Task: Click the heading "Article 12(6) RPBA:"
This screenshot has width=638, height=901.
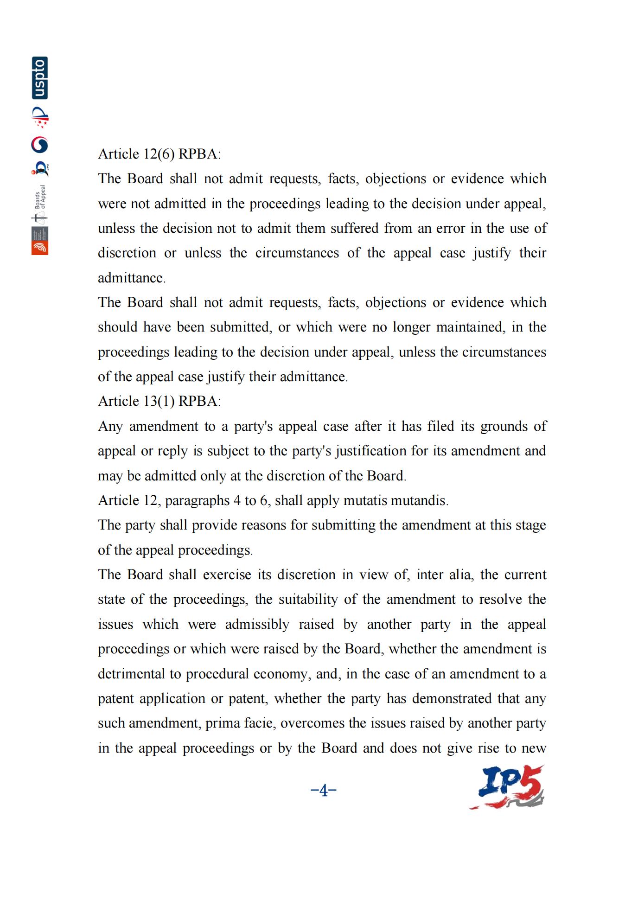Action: coord(159,154)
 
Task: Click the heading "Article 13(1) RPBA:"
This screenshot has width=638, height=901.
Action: coord(159,401)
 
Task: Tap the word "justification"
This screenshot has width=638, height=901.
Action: coord(370,451)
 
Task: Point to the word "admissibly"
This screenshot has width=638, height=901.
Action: coord(257,624)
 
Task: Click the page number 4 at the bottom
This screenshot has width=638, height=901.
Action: coord(323,790)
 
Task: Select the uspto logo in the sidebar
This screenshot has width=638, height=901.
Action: coord(40,78)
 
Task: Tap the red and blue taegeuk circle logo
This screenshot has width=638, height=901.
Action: coord(40,145)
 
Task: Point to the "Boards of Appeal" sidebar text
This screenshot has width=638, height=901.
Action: coord(40,197)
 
